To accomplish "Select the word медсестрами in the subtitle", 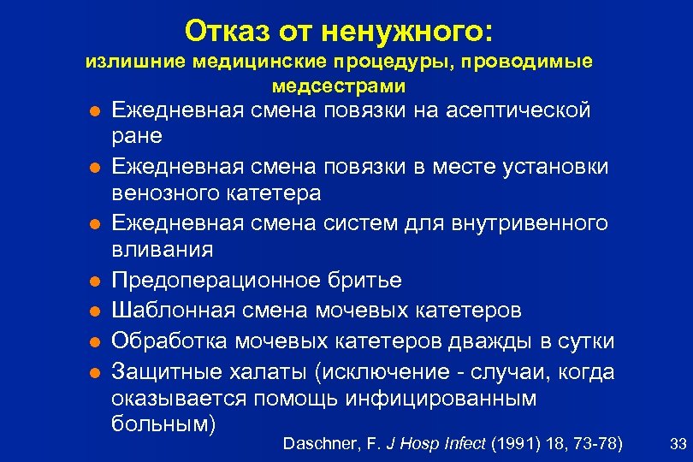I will pyautogui.click(x=339, y=86).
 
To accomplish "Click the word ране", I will pyautogui.click(x=138, y=137).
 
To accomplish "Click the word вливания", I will pyautogui.click(x=163, y=251).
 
